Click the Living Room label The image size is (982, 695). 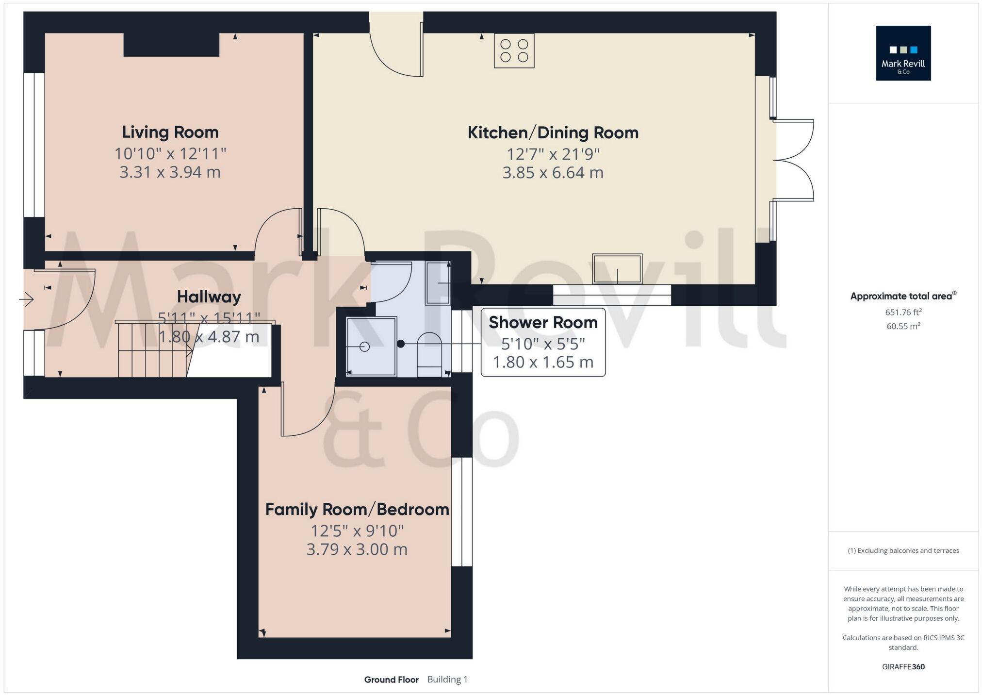click(x=170, y=132)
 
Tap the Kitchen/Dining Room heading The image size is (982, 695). click(x=553, y=132)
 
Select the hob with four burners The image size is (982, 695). click(x=514, y=50)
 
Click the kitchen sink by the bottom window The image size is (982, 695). click(x=617, y=269)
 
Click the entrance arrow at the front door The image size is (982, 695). click(x=26, y=299)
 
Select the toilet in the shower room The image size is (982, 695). click(x=429, y=353)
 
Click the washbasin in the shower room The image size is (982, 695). click(x=438, y=282)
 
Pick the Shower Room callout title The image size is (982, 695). click(x=542, y=322)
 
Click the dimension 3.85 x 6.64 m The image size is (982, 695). click(x=553, y=173)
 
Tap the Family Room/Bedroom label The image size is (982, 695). click(x=357, y=509)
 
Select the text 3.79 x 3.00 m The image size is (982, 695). click(x=357, y=549)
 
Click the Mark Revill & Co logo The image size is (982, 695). click(x=903, y=53)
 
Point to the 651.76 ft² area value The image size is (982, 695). click(x=903, y=312)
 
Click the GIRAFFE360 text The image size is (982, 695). click(x=903, y=667)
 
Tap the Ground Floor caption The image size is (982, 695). click(x=391, y=679)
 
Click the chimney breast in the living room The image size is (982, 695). click(x=171, y=45)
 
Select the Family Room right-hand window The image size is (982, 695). click(x=461, y=512)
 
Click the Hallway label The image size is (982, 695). click(x=209, y=297)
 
